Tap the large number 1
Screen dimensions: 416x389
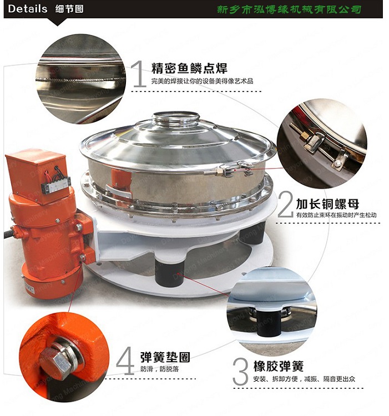point(139,75)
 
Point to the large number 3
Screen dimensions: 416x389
point(240,372)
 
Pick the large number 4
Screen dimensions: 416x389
point(125,361)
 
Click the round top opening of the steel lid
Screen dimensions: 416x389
point(176,118)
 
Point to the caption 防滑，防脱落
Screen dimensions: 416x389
point(160,369)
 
